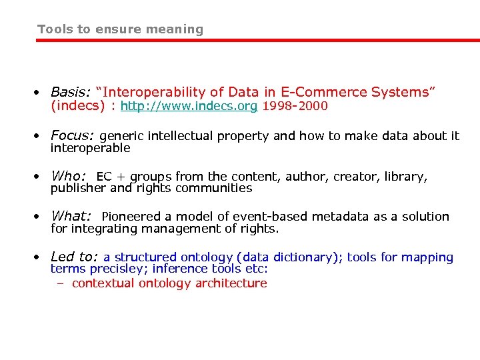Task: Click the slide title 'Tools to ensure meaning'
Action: tap(120, 29)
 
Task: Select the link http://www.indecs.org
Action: tap(189, 107)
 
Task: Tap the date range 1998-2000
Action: tap(295, 107)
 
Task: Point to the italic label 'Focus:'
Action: tap(73, 135)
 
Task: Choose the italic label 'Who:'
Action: tap(69, 177)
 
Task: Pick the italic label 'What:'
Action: tap(71, 217)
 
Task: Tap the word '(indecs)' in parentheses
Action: tap(79, 107)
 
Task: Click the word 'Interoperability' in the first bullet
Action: tap(158, 93)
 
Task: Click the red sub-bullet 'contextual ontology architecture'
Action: tap(169, 283)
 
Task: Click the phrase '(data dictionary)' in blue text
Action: tap(289, 257)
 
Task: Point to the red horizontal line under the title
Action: tap(257, 41)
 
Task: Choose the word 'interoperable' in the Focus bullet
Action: tap(90, 148)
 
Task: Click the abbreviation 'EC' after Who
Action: tap(104, 177)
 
